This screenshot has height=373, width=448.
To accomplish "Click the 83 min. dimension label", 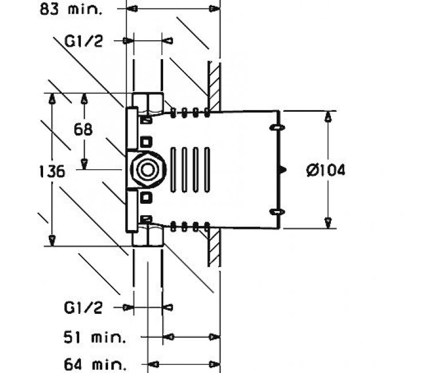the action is pos(71,9).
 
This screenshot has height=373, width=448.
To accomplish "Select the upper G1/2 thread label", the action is pos(83,42).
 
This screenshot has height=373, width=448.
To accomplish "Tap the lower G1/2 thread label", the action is pos(83,308).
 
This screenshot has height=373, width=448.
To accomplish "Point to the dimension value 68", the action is pos(83,129).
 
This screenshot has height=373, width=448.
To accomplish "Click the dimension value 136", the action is pos(52,172).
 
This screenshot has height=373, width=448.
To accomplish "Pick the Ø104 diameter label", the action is pos(326,170).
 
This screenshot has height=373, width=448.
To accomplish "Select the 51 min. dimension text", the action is pos(95,337).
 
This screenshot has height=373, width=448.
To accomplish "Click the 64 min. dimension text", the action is pos(95,364).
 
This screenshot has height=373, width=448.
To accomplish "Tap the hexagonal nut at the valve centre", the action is pos(148,170).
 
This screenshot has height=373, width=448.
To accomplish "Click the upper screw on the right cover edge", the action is pos(277,127).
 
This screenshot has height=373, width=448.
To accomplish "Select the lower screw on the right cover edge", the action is pos(277,212).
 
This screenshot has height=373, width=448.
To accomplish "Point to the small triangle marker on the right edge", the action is pos(283,170).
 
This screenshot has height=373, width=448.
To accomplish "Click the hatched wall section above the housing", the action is pos(214,87).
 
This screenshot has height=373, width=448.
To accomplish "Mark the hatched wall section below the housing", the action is pos(214,247).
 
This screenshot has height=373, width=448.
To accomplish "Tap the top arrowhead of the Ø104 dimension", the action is pos(329,116).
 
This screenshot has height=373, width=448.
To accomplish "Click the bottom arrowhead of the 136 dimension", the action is pos(52,240).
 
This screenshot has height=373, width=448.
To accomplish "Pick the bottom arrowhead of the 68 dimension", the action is pos(84,164).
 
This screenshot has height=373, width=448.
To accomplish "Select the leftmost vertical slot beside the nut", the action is pos(173,169).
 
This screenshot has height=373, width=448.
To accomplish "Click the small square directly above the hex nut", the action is pos(146,142).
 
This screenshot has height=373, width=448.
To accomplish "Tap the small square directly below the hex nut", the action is pos(146,197).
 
